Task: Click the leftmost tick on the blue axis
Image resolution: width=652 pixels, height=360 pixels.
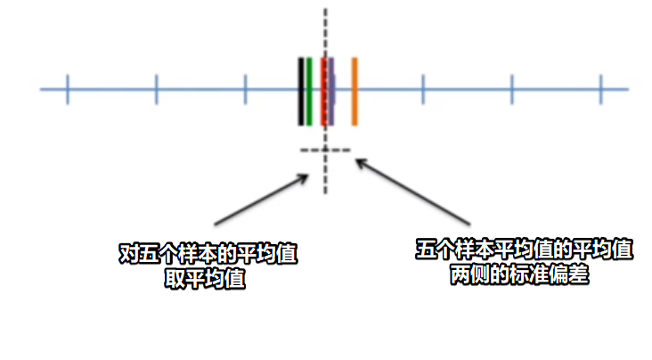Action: [x=67, y=89]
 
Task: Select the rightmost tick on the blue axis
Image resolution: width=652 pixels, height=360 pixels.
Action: [x=601, y=89]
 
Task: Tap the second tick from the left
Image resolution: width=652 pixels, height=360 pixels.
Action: [x=156, y=89]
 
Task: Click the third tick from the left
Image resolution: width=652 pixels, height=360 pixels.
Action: [x=245, y=89]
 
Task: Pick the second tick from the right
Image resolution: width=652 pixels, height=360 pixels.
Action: [x=512, y=89]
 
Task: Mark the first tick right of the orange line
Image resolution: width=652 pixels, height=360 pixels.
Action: [x=423, y=89]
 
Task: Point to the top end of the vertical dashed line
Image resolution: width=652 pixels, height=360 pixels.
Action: [x=325, y=11]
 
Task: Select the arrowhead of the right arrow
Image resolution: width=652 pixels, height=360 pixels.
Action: [x=358, y=162]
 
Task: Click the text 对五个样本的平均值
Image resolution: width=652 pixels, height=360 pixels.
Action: [x=208, y=254]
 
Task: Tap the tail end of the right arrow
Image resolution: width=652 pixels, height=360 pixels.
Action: [x=469, y=223]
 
